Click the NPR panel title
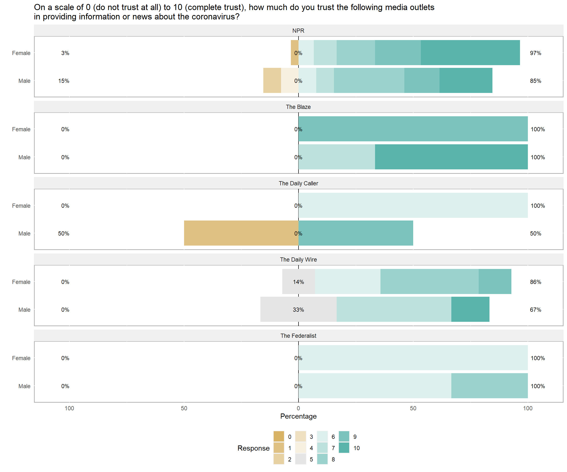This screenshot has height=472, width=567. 298,31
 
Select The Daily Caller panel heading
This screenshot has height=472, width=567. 298,183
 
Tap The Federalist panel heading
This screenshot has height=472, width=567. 298,336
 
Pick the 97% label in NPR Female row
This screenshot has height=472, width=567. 535,53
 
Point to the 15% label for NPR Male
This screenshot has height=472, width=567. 64,81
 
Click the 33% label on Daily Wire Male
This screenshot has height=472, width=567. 298,310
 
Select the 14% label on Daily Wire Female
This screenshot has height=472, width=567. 298,282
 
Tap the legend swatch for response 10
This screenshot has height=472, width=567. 344,448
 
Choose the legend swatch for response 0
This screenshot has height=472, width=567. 279,437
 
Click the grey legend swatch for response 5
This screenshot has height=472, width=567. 300,459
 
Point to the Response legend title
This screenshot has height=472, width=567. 253,448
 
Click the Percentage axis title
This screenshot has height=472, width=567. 298,416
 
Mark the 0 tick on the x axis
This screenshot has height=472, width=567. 298,408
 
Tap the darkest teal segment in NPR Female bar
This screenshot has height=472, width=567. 470,53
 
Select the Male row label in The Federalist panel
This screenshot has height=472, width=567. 24,386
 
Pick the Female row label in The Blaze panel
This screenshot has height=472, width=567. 21,130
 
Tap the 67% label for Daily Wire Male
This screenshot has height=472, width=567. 535,310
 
